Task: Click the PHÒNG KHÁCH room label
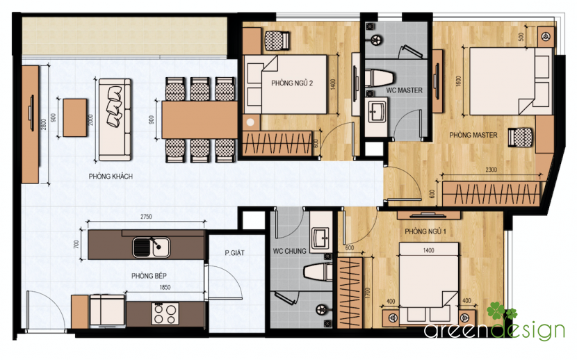pos(111,177)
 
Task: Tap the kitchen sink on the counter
pos(152,247)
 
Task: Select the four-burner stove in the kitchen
pos(165,313)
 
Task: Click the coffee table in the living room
pos(75,117)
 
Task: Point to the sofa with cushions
pos(115,120)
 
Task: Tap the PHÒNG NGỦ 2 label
pos(292,83)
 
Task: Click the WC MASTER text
pos(404,90)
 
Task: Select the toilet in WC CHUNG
pos(318,271)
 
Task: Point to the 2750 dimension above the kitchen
pos(146,217)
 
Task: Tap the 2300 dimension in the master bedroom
pos(491,170)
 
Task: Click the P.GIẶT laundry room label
pos(234,253)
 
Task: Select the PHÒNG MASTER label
pos(473,136)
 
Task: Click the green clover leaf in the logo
pos(501,312)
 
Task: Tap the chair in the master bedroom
pos(520,138)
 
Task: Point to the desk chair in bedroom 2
pos(277,40)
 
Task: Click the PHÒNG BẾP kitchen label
pos(149,276)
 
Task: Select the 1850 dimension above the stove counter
pos(165,288)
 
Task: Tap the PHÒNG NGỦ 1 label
pos(425,231)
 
